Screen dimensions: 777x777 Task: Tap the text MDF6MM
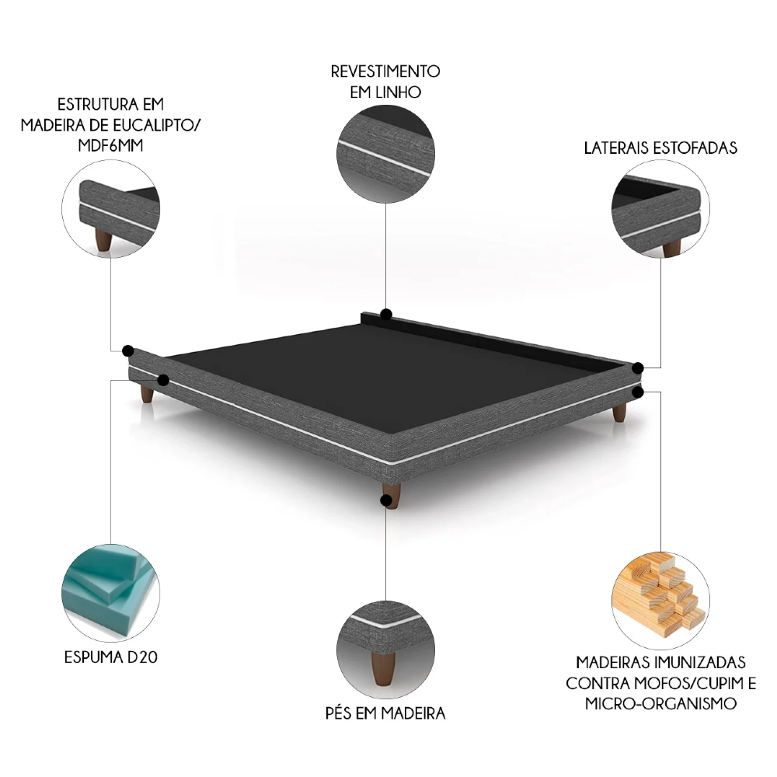coord(110,148)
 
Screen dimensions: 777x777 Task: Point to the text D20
coord(145,658)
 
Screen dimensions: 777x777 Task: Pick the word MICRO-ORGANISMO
coord(660,704)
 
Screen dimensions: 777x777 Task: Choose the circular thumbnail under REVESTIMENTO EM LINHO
coord(385,155)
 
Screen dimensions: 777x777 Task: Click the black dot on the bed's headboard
coord(386,315)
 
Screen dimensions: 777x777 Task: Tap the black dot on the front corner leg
coord(386,500)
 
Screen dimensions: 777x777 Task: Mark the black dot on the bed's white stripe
coord(163,380)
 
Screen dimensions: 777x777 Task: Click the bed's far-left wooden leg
coord(146,394)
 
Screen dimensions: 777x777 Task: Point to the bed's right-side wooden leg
coord(618,413)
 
